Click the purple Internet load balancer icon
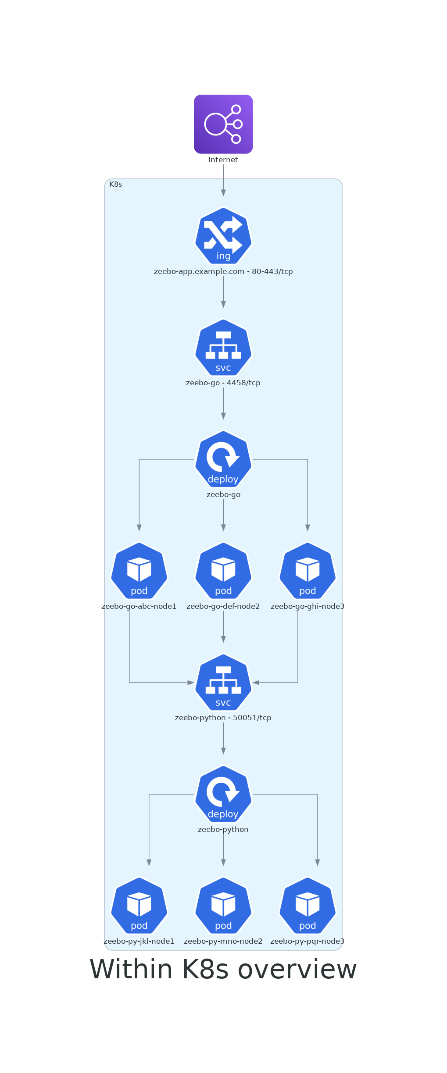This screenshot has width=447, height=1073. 223,124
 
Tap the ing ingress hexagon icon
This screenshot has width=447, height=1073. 223,236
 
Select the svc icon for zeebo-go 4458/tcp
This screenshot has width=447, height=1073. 223,348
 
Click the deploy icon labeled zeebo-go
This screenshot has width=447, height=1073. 223,459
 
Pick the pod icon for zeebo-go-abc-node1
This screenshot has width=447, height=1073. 139,571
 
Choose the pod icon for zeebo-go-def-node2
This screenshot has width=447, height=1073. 223,571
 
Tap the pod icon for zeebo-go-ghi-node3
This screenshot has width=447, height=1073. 308,571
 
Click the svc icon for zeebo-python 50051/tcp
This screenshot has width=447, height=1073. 223,682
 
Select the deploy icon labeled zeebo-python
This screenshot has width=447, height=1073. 223,794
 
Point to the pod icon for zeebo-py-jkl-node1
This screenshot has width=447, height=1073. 139,906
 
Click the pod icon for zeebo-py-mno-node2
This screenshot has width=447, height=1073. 223,906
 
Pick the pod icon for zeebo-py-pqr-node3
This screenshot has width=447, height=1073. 308,906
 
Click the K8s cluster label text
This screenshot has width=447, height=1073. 116,185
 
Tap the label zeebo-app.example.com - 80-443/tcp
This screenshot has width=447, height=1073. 223,272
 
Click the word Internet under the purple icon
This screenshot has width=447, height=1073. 223,160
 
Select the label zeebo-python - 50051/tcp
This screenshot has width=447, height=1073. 223,718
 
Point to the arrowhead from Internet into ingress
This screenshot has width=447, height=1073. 223,193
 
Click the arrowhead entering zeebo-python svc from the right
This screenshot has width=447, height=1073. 256,682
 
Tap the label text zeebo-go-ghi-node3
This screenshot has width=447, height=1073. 308,607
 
